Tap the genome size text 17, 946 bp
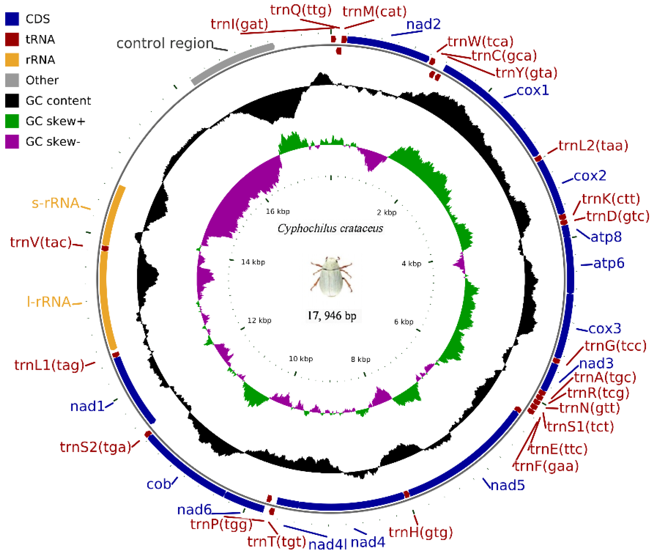click(332, 316)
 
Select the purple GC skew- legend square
click(12, 142)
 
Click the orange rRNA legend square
click(12, 59)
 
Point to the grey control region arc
click(232, 63)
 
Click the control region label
click(165, 44)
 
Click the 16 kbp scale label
click(278, 212)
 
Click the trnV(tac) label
click(41, 242)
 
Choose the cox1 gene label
click(533, 91)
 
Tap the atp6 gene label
click(609, 263)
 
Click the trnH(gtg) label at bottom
click(420, 533)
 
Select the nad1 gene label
click(87, 407)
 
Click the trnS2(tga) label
click(95, 447)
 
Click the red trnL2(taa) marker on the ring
click(538, 158)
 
